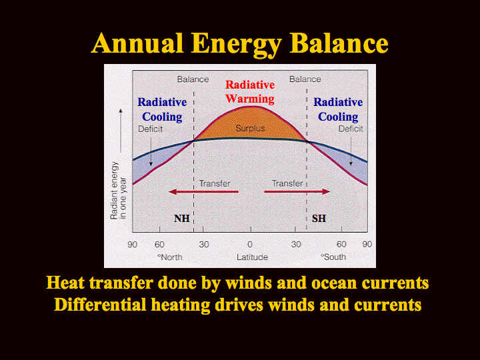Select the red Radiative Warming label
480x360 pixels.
point(250,92)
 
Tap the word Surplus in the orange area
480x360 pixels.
point(250,128)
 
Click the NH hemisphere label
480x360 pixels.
point(182,218)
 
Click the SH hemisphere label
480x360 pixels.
point(319,218)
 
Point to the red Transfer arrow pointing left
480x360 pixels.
point(203,192)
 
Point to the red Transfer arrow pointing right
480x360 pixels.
point(297,192)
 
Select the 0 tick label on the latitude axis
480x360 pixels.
point(250,244)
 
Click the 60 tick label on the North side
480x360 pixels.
point(159,244)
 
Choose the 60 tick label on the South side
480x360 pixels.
point(341,244)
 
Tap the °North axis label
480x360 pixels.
point(170,257)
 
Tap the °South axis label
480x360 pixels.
point(333,257)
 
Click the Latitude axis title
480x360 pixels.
point(252,257)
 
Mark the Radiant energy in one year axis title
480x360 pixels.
point(118,191)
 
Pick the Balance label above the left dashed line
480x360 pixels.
point(193,79)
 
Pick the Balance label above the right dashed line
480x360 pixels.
point(305,79)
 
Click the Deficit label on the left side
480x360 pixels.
point(150,129)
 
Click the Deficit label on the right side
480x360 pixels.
point(351,129)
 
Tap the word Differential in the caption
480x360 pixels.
point(100,305)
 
